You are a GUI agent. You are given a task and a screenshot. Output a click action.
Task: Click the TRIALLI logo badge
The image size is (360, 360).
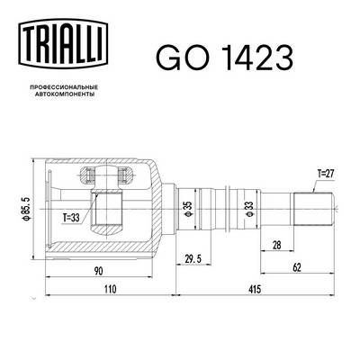[63, 42]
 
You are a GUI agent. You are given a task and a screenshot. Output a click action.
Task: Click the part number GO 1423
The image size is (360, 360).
[224, 58]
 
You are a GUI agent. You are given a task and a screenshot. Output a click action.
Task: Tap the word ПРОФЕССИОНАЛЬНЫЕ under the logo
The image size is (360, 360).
[63, 87]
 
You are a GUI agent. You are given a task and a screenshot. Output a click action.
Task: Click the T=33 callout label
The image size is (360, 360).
[71, 218]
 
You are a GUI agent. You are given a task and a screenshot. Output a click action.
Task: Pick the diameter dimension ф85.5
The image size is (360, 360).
[25, 209]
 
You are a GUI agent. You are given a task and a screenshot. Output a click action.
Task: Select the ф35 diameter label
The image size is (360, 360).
[187, 209]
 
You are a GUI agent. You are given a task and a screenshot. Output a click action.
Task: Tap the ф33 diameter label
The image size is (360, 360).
[249, 209]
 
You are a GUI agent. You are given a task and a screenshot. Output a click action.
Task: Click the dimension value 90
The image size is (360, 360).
[98, 271]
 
